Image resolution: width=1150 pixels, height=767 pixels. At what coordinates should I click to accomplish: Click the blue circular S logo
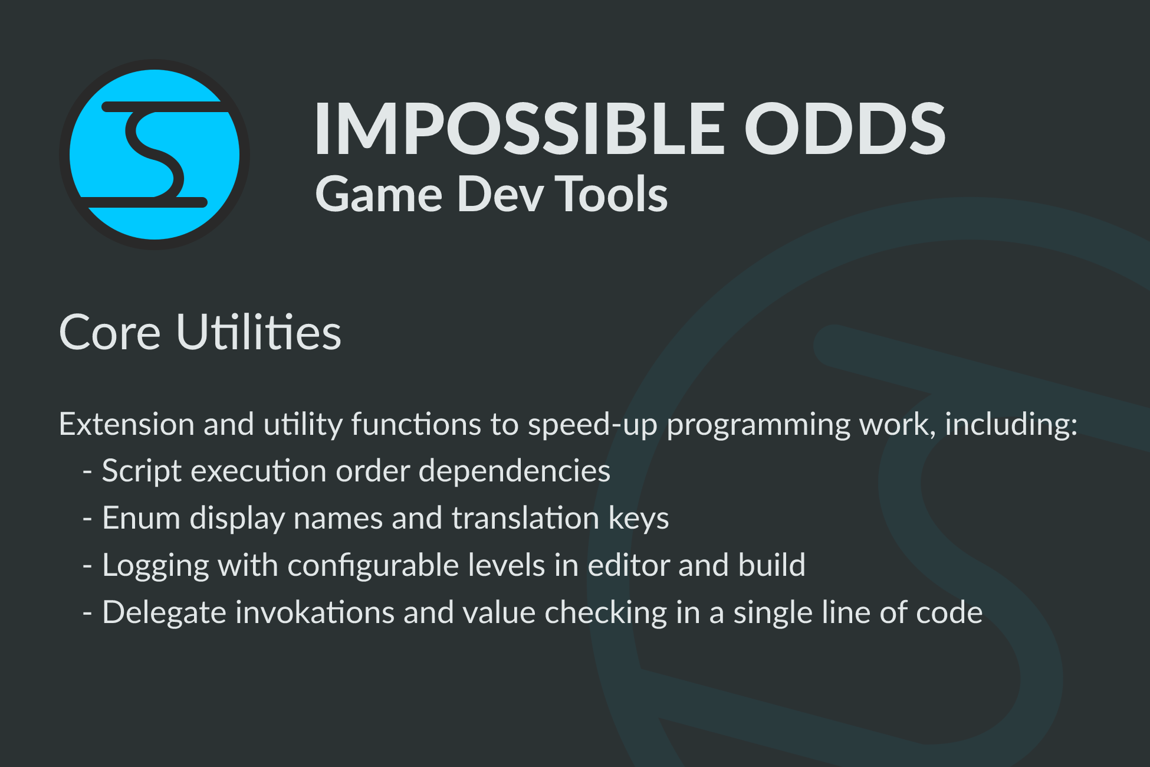coord(155,155)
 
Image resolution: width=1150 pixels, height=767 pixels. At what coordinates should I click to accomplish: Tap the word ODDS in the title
coord(845,129)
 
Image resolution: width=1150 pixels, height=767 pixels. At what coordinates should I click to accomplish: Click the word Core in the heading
coord(110,332)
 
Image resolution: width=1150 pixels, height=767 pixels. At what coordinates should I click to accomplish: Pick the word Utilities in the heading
coord(259,332)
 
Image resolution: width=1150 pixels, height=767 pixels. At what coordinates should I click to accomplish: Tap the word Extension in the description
coord(127,424)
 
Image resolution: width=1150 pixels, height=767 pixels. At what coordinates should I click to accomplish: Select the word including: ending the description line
coord(1011,425)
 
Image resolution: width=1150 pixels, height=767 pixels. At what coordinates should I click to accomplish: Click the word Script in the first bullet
coord(142,471)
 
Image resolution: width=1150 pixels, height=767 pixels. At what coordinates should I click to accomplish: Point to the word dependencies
coord(514,471)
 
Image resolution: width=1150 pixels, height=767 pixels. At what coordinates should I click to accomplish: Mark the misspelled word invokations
coord(315,612)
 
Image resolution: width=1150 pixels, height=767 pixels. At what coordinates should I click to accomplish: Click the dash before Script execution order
coord(88,473)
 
